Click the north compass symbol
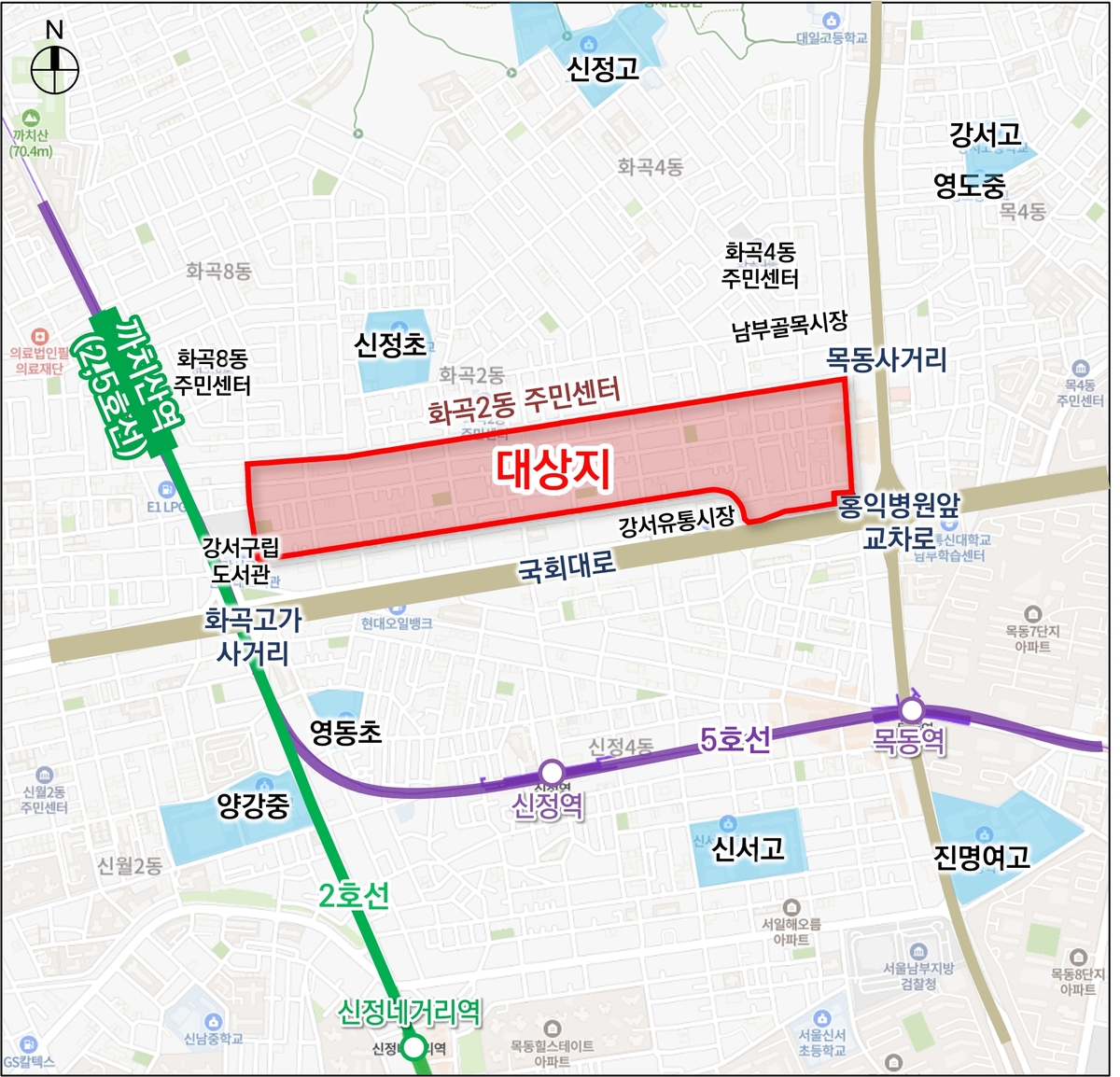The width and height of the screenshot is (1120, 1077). tap(54, 68)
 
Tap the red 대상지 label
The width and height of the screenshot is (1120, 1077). tap(553, 469)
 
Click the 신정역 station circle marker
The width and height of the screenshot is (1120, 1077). tap(553, 773)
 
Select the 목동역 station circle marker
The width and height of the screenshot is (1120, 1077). tap(911, 712)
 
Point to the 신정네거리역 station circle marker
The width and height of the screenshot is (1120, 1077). tap(413, 1048)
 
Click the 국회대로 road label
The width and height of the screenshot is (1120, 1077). tap(567, 565)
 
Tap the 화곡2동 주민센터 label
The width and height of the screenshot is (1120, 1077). tap(524, 402)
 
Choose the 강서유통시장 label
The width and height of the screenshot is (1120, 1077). tap(677, 522)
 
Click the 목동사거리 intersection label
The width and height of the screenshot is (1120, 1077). tap(887, 359)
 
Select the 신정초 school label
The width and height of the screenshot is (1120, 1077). tap(390, 345)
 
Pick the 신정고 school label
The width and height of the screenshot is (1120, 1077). tap(603, 68)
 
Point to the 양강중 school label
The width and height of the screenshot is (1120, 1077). tap(253, 805)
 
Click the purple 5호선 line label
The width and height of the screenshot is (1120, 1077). tap(735, 739)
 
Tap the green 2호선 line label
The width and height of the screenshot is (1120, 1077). tap(354, 896)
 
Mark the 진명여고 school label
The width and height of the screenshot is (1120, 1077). tap(982, 857)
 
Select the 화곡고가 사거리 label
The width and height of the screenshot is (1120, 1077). tap(253, 635)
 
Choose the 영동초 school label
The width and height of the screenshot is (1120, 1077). tap(345, 732)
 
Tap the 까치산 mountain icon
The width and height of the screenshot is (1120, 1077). tap(31, 119)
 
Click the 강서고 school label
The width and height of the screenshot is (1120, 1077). tap(986, 134)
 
